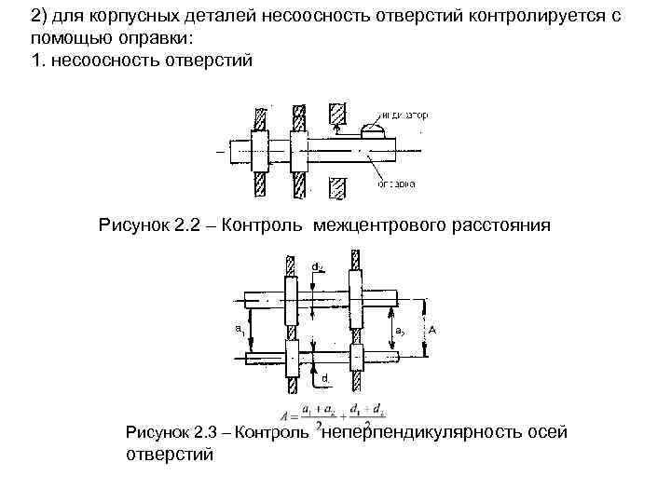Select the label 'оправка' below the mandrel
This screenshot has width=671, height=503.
coord(396,184)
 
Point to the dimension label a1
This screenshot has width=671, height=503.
coord(240,329)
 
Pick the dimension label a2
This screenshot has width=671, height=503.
coord(399,330)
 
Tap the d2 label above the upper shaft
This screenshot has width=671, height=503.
coord(317,267)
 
